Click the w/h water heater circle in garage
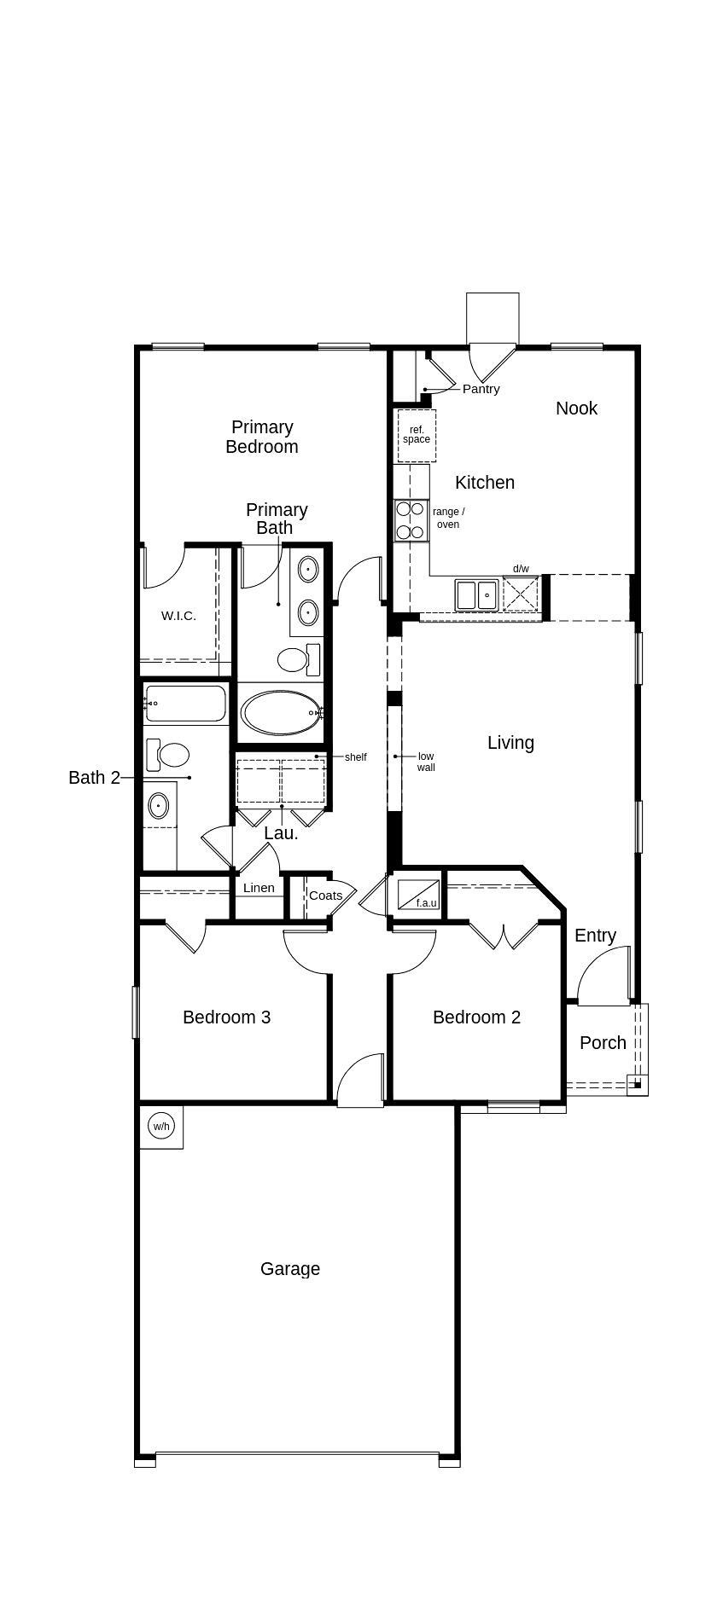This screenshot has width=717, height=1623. click(x=160, y=1126)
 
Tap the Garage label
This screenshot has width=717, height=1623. click(x=290, y=1269)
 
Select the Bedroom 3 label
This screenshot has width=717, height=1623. click(x=227, y=1017)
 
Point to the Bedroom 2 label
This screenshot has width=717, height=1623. click(x=476, y=1017)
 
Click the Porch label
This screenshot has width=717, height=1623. click(x=603, y=1042)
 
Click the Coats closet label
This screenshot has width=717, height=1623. click(x=325, y=896)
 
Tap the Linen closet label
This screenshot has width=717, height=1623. click(x=259, y=888)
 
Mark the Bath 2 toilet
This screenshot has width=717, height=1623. click(x=168, y=755)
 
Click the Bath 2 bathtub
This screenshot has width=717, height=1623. click(x=185, y=704)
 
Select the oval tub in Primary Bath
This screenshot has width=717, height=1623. click(x=281, y=712)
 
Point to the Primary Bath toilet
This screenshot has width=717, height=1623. click(x=299, y=659)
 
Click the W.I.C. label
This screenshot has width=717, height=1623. click(x=178, y=616)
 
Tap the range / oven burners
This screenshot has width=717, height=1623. click(x=411, y=520)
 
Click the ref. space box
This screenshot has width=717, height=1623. click(x=417, y=435)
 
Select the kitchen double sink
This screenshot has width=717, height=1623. click(x=476, y=594)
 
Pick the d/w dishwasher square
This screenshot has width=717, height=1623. click(x=521, y=594)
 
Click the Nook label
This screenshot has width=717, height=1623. click(x=577, y=408)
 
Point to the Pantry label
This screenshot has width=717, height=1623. click(x=481, y=389)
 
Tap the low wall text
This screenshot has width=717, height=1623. click(x=426, y=762)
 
